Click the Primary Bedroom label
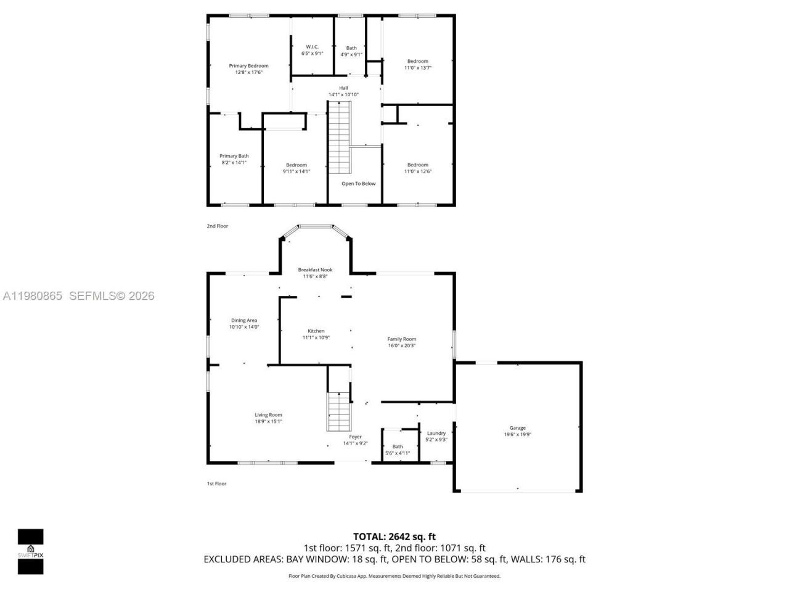tap(248, 66)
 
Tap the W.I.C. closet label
tap(312, 47)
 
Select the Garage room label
tap(517, 428)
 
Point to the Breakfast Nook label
tap(315, 270)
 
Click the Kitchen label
tap(316, 331)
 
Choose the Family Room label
tap(401, 339)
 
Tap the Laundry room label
tap(436, 434)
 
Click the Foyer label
tap(355, 437)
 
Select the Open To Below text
tap(358, 184)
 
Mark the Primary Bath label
tap(234, 156)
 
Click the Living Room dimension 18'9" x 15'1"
tap(269, 422)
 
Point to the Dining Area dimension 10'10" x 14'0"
tap(244, 327)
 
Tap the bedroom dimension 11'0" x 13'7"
tap(417, 68)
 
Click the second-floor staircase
tap(338, 138)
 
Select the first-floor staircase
tap(338, 411)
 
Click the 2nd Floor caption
tap(217, 226)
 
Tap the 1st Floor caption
tap(216, 484)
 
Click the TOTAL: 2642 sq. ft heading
tap(394, 536)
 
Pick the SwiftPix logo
tap(30, 551)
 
